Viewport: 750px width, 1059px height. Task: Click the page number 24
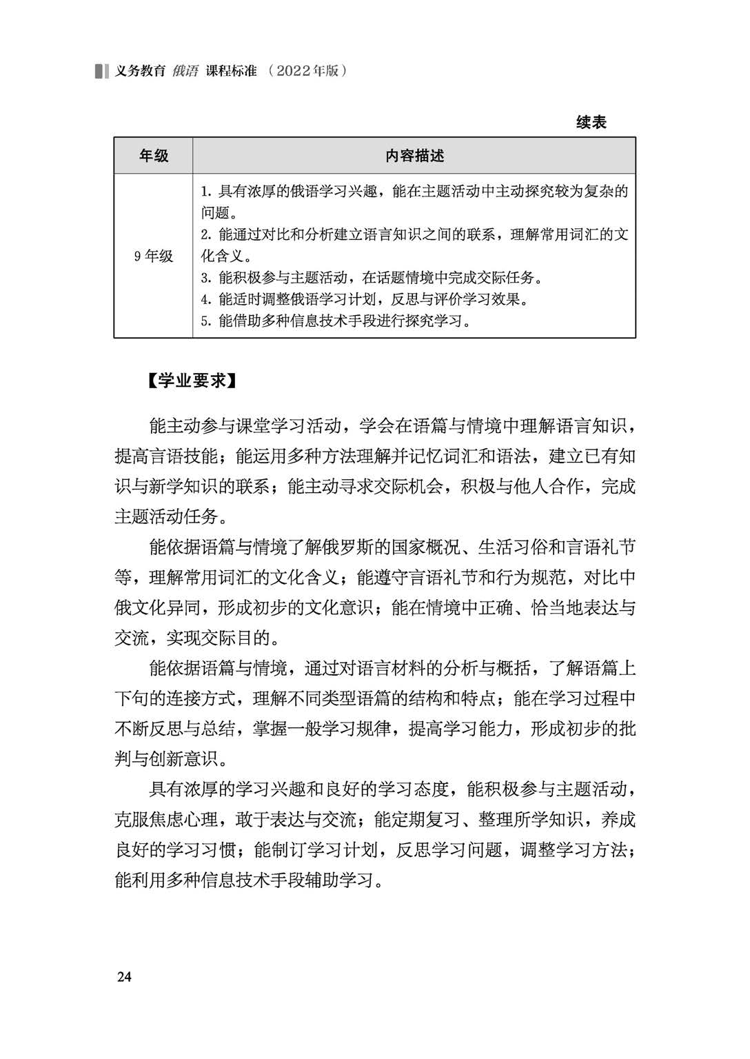tap(124, 976)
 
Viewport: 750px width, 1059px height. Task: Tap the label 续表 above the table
tap(591, 123)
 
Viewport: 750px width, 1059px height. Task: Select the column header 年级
tap(153, 156)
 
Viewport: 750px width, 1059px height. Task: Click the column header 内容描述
tap(414, 156)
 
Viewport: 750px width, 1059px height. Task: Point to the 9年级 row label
tap(154, 256)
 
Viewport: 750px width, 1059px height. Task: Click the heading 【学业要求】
tap(192, 381)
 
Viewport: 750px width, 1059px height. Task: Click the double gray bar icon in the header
tap(102, 71)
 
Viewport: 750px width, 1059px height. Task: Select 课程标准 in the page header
tap(231, 71)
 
